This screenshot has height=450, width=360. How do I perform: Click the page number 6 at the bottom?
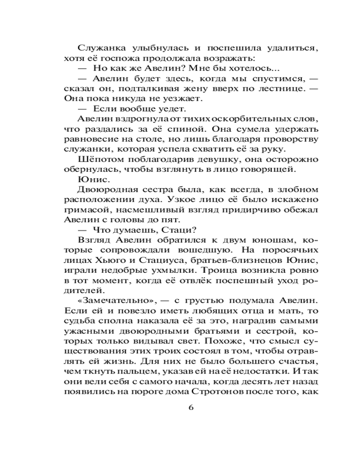click(190, 408)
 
